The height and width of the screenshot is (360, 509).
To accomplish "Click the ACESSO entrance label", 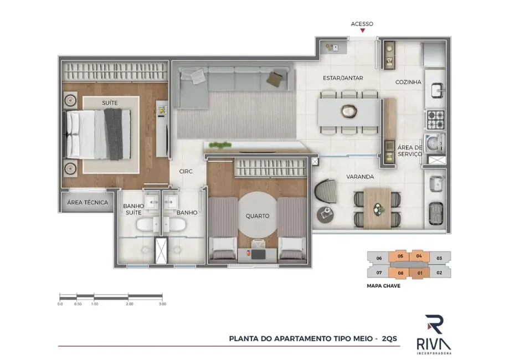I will coord(362,24).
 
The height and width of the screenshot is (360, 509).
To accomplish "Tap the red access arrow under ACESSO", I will coord(362,32).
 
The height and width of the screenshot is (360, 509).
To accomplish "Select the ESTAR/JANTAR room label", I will coord(343,78).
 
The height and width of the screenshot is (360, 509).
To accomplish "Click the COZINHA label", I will coord(408,82).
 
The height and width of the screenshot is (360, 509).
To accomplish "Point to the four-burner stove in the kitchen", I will coord(434,119).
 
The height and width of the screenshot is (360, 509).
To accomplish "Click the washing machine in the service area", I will coord(433,142).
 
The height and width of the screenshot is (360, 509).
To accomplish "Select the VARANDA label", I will coord(361,177).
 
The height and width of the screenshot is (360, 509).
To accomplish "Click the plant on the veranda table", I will coord(379,208).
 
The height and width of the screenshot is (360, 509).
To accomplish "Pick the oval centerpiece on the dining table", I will coord(348,111).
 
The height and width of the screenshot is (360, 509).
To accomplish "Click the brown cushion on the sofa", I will coord(275,79).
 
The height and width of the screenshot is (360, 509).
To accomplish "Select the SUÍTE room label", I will coord(109,103).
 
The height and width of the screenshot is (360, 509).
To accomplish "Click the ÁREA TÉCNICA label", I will coord(88,202).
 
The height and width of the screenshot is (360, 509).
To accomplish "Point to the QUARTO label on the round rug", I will coord(258,216).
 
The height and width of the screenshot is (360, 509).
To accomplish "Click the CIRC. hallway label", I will coord(186,172).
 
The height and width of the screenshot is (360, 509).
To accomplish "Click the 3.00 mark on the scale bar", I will coord(162,304).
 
